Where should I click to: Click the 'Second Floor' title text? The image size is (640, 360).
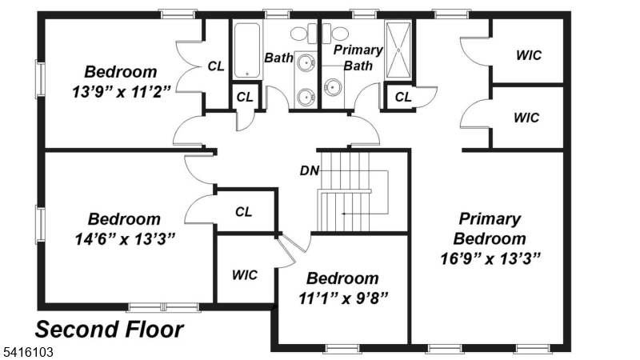(110, 329)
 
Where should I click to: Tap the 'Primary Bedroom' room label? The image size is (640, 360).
(490, 228)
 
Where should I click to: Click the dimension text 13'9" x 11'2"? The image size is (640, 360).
(121, 90)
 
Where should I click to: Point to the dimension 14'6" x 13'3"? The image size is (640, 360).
(123, 238)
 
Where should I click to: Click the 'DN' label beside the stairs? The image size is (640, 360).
(309, 170)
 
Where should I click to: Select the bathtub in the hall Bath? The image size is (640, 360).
(246, 50)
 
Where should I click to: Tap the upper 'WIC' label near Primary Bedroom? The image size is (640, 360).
(528, 55)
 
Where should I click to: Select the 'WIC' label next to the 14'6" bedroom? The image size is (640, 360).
(244, 274)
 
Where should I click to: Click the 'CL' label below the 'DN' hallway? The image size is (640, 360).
(244, 212)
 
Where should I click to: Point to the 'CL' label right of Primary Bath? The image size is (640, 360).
(403, 97)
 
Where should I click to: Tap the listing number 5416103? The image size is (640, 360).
(28, 351)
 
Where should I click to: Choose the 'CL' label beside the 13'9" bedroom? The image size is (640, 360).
(215, 66)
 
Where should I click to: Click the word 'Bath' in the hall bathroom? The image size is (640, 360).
(279, 57)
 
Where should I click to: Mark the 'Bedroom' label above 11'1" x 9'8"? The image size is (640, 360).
(342, 278)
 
